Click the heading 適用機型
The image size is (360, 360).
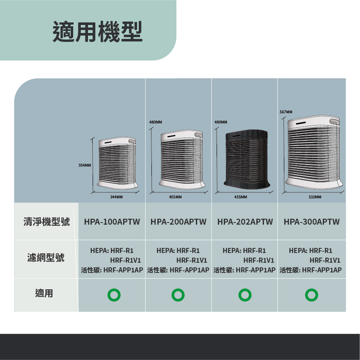point(97,32)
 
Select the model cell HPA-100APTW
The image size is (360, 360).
point(112,222)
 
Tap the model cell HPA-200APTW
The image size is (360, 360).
point(178,222)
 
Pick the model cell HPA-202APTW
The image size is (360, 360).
point(245,222)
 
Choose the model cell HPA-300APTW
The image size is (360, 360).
point(311,222)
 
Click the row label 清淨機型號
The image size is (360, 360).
point(47,222)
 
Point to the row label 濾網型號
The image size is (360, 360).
point(47,258)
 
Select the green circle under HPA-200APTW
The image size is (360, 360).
point(178,294)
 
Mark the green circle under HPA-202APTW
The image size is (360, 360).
point(245,294)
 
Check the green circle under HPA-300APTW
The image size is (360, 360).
point(311,294)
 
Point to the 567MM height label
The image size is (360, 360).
point(286,112)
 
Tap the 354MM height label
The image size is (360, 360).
point(85,165)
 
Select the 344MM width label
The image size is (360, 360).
point(116,197)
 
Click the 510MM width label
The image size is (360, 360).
point(315,197)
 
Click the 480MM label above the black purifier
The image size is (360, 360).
point(221,122)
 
